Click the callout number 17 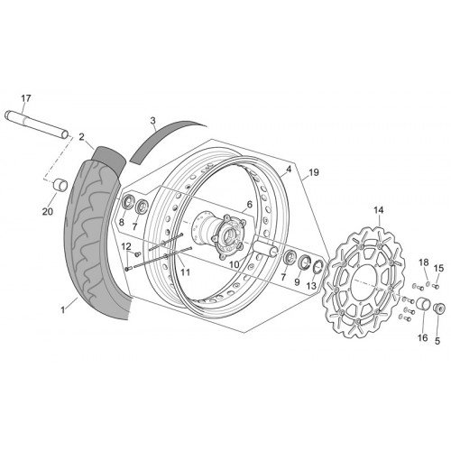click(x=26, y=98)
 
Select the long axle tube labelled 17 click(x=37, y=125)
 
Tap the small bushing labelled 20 click(x=60, y=184)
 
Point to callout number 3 click(x=152, y=121)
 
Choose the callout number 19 click(x=313, y=172)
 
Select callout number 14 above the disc click(x=379, y=210)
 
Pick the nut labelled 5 click(x=437, y=308)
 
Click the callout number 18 click(x=424, y=262)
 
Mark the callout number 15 click(x=438, y=268)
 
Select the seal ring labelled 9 click(x=305, y=262)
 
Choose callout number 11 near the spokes click(x=186, y=272)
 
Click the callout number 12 click(x=126, y=246)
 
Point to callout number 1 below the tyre click(x=63, y=309)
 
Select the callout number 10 click(x=235, y=264)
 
